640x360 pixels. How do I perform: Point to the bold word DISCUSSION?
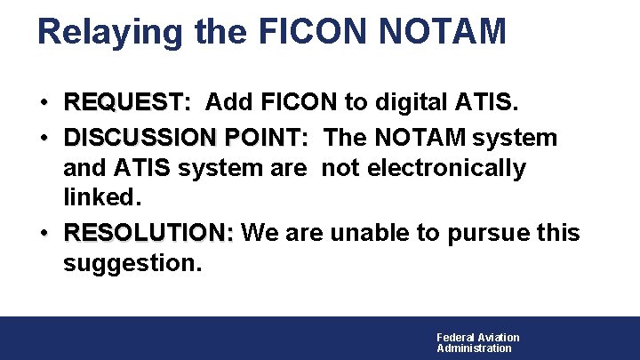(142, 139)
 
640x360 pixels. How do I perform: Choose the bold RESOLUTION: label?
(148, 234)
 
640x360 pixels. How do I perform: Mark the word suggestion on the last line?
(132, 263)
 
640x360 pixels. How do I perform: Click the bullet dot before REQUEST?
(44, 104)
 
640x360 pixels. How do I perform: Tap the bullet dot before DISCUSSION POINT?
(44, 140)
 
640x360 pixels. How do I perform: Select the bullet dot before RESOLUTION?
(44, 235)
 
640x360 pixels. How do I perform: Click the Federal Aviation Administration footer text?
(477, 342)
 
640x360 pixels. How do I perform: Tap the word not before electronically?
(340, 168)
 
